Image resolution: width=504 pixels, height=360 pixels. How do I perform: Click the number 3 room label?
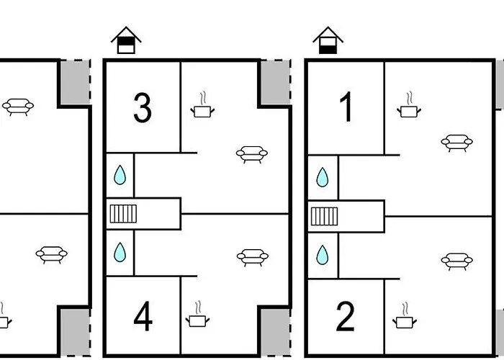coord(143,108)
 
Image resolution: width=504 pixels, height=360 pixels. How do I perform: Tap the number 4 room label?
coord(143,316)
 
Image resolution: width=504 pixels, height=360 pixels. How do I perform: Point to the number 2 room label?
coord(345,317)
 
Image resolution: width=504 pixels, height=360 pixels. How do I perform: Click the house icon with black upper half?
coord(126,40)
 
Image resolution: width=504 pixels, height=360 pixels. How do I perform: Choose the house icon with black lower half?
coord(328,40)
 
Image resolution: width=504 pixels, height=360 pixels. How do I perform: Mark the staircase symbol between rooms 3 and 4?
coord(123,214)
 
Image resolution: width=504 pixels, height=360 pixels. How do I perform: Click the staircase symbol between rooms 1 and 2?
coord(324,216)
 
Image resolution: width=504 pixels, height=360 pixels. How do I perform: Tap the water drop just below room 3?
coord(120,175)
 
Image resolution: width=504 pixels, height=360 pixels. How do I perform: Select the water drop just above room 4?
coord(120,252)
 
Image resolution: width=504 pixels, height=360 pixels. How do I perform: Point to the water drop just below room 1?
coord(323,177)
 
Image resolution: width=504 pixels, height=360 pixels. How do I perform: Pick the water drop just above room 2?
coord(323,255)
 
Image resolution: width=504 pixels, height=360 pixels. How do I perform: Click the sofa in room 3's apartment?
coord(252,155)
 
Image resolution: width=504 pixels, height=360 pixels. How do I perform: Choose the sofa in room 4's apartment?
coord(253,258)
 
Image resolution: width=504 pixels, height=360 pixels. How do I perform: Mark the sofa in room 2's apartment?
coord(456,261)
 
